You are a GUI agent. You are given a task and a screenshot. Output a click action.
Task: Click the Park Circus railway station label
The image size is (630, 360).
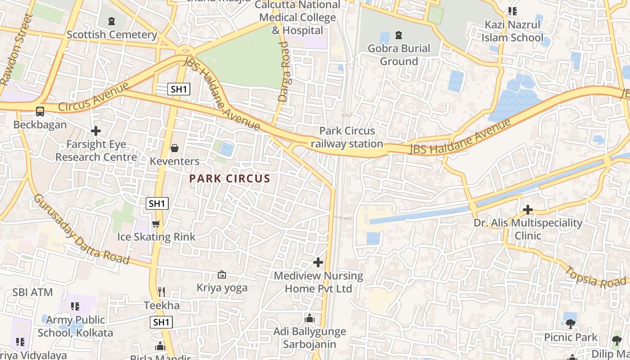[347, 137]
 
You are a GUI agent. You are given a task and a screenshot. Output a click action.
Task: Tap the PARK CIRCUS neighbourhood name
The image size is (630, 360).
[229, 179]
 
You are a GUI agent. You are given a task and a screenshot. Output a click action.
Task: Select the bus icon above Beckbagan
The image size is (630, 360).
[40, 111]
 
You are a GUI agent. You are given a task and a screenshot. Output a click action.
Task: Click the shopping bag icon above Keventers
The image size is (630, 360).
[175, 148]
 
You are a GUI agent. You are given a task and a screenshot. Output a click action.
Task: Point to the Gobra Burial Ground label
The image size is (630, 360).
[399, 54]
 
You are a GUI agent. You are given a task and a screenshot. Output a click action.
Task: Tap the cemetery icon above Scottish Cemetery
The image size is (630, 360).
[112, 21]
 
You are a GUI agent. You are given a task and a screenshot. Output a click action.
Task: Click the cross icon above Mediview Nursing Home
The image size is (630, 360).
[318, 262]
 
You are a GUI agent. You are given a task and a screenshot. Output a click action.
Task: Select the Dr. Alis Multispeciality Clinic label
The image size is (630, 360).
[528, 229]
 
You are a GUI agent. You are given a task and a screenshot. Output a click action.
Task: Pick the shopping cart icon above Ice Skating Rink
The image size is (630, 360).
[156, 224]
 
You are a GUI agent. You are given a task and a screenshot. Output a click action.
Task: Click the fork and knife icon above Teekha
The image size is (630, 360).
[162, 292]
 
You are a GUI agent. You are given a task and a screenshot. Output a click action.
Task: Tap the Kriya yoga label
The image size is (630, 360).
[222, 288]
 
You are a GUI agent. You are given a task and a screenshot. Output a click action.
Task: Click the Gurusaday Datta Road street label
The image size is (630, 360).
[81, 229]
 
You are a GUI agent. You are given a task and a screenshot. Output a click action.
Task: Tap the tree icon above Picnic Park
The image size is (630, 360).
[571, 324]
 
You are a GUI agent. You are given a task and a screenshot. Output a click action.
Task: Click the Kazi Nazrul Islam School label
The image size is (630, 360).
[513, 31]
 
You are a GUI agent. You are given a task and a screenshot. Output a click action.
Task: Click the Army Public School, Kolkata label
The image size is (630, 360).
[76, 326]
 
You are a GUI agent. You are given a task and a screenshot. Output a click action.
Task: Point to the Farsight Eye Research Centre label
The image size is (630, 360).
[96, 151]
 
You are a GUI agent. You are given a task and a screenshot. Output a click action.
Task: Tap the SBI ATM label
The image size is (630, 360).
[32, 292]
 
